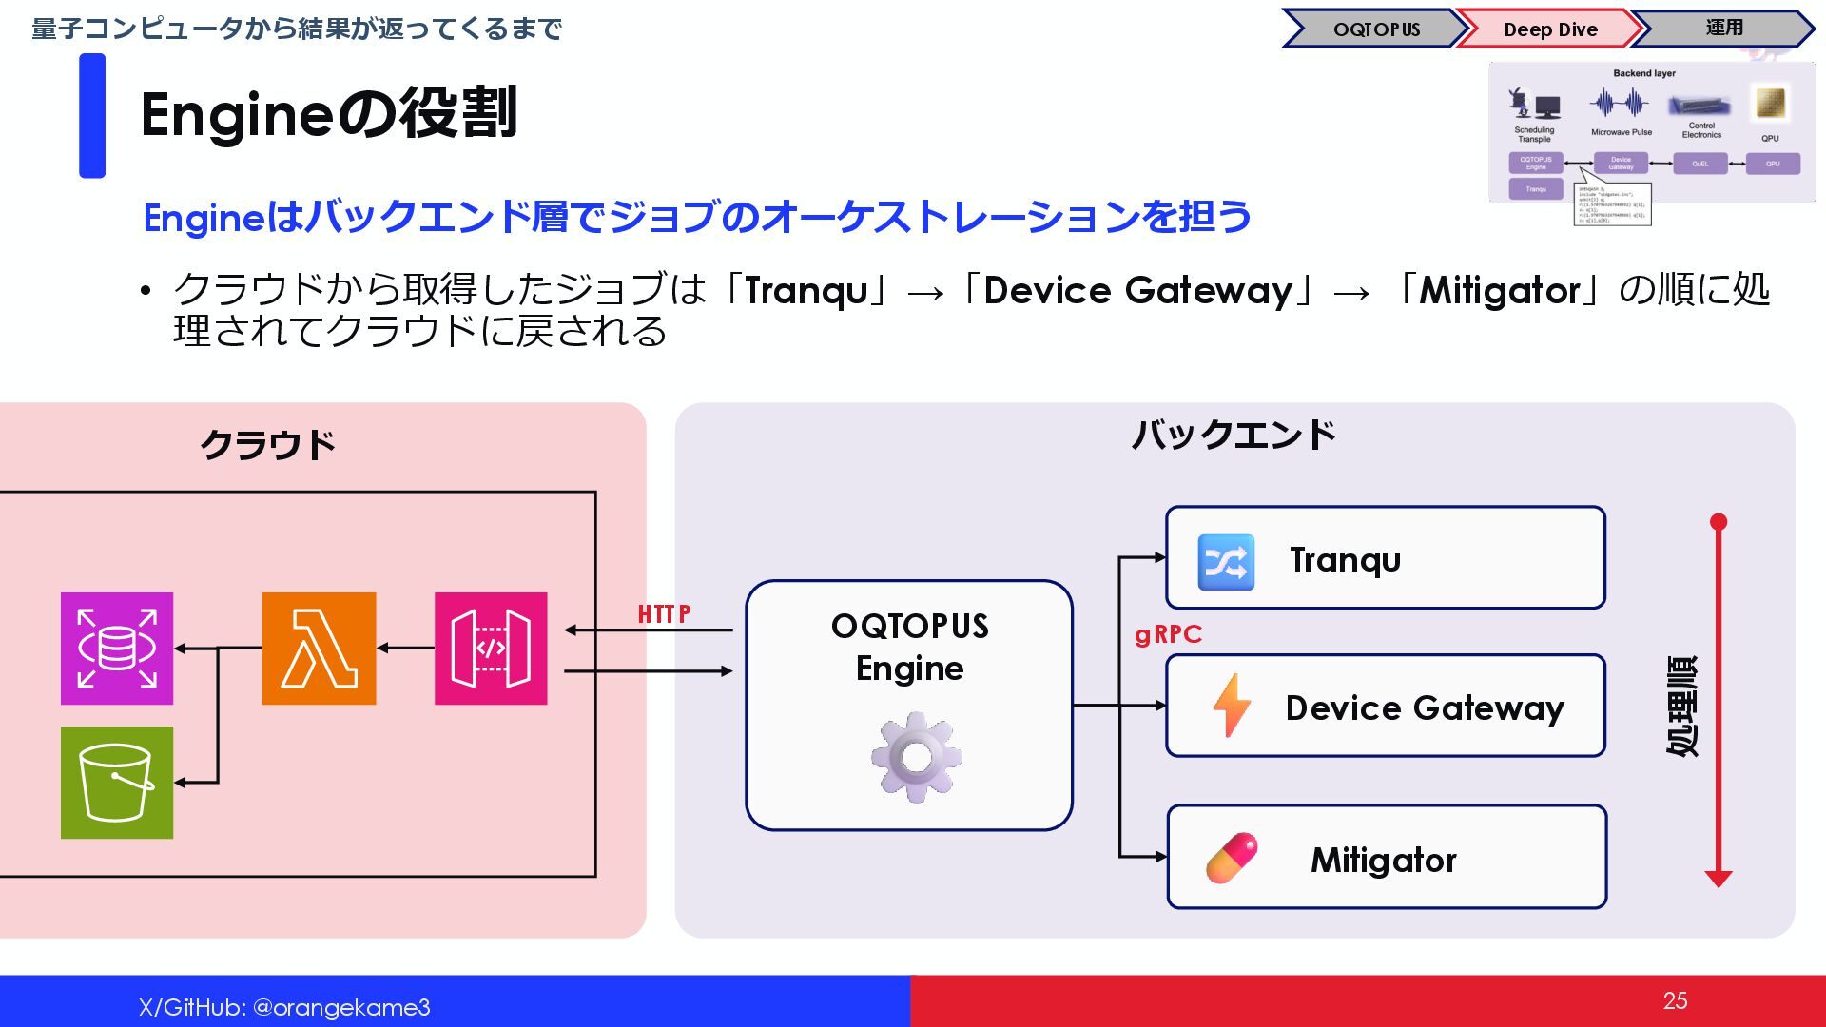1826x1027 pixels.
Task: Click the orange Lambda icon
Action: (x=319, y=649)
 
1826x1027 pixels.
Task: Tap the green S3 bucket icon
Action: (x=117, y=783)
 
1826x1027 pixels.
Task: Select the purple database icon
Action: (x=117, y=649)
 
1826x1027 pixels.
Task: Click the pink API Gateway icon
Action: (x=491, y=649)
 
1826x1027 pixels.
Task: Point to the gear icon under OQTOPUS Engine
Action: (x=915, y=757)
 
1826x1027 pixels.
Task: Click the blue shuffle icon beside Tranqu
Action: (x=1225, y=562)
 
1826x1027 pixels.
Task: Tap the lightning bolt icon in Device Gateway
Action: (x=1231, y=706)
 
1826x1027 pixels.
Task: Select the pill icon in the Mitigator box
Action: (x=1232, y=858)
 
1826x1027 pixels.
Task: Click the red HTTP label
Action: (x=664, y=614)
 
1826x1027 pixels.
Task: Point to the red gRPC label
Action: (x=1168, y=634)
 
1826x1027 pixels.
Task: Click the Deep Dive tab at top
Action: (x=1550, y=29)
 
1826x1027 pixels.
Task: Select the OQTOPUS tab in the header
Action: (x=1376, y=29)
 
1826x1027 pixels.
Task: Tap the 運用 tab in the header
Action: (x=1723, y=29)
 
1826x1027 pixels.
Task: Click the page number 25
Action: (x=1675, y=1000)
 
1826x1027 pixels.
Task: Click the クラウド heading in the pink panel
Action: (x=267, y=445)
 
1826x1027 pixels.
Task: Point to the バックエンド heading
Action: (x=1233, y=436)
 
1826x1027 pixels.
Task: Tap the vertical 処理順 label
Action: (x=1681, y=705)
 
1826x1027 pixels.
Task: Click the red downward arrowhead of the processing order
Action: (x=1718, y=879)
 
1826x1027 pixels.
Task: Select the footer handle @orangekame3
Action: (x=341, y=1007)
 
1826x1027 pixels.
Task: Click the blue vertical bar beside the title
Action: (x=92, y=115)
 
